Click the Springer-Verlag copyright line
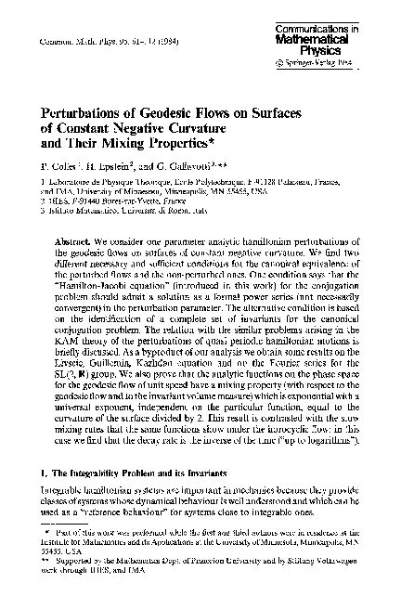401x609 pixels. coord(341,64)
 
